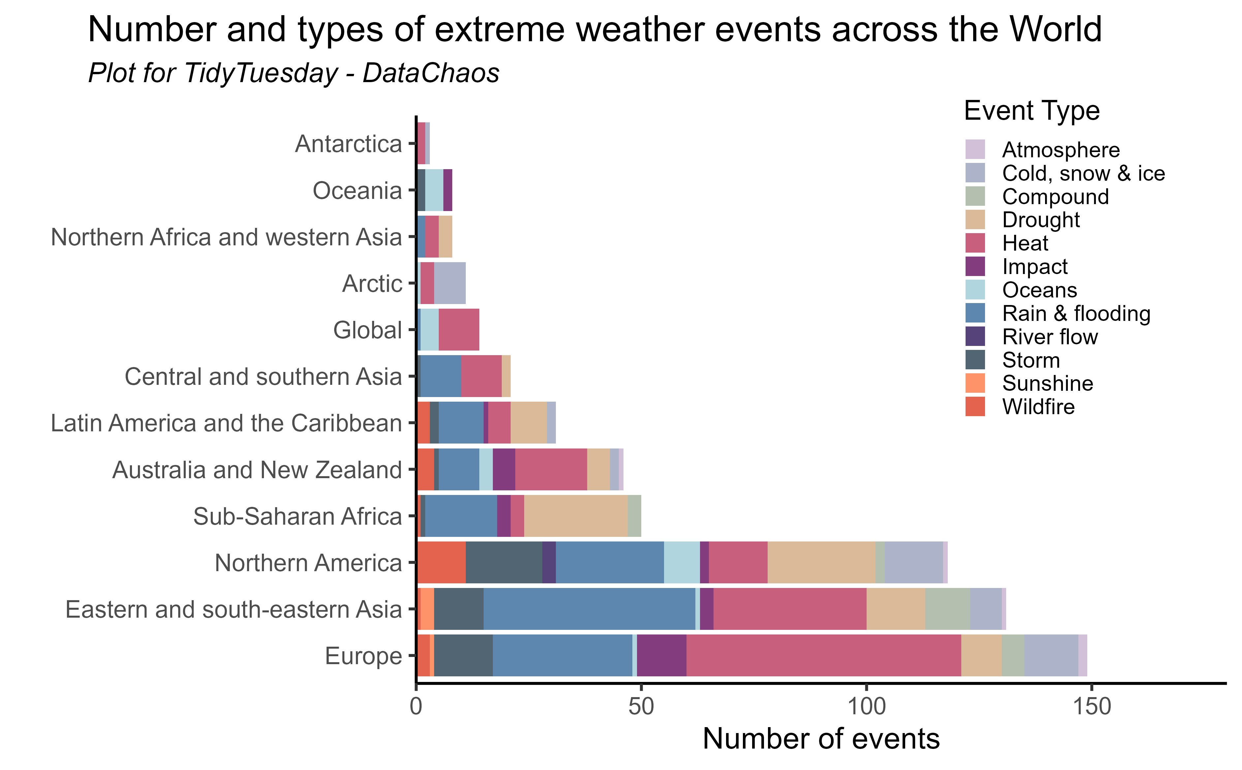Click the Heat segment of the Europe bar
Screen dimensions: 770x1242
click(x=823, y=656)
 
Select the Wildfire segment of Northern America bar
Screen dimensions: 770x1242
click(x=441, y=562)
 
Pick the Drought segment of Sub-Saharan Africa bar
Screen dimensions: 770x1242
click(x=576, y=516)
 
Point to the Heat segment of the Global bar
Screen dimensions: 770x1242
click(x=459, y=329)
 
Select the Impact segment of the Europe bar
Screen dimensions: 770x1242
click(x=661, y=656)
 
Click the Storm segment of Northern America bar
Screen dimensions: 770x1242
click(x=504, y=562)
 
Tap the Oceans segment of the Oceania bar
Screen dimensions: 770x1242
click(x=434, y=190)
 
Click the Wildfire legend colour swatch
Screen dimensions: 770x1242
click(x=974, y=406)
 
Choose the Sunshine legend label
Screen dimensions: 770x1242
click(x=1047, y=384)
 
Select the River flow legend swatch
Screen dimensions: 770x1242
click(x=974, y=337)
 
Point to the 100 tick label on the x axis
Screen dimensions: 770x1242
click(x=866, y=707)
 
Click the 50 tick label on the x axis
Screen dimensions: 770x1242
click(x=641, y=707)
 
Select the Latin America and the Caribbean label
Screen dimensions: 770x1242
click(x=226, y=423)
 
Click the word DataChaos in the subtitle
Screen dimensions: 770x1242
click(x=430, y=73)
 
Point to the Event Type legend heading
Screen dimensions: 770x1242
click(x=1032, y=110)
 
